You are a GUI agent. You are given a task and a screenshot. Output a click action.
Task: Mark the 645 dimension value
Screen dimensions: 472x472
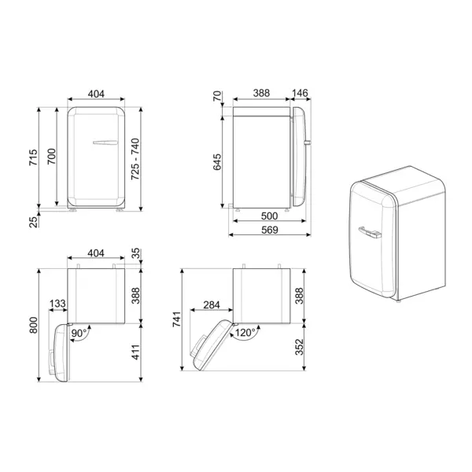click(x=218, y=161)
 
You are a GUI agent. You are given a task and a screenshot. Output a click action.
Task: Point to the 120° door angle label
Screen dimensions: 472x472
click(x=244, y=333)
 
